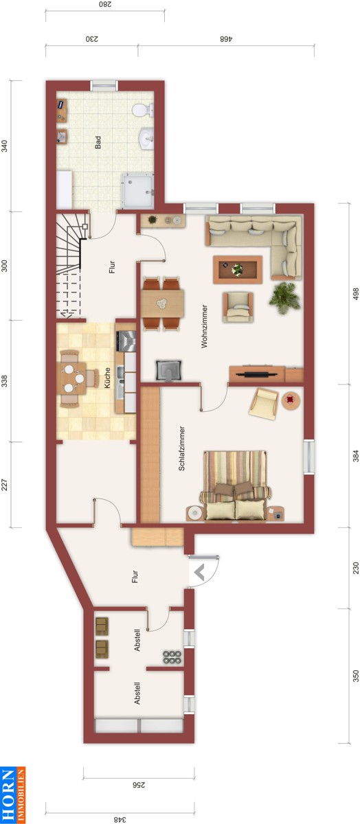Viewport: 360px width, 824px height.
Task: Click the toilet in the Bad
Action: tap(143, 110)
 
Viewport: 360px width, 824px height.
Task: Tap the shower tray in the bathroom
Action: tap(138, 192)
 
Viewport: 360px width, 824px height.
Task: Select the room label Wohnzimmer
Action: tap(204, 326)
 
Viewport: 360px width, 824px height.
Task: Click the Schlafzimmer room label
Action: tap(181, 448)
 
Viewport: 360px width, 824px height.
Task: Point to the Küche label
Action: tap(107, 378)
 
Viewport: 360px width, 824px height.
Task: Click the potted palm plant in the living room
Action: tap(284, 298)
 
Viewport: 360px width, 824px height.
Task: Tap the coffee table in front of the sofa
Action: tap(238, 270)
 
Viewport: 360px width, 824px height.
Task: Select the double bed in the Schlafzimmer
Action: tap(236, 485)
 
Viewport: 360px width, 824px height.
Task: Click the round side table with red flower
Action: tap(291, 400)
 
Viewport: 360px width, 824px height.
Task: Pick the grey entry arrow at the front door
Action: tap(199, 573)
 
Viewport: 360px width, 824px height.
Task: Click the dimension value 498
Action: tap(356, 294)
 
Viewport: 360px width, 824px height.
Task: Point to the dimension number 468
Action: tap(227, 38)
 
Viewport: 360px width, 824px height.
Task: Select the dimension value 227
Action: tap(4, 485)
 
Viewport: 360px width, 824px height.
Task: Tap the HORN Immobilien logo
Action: tap(13, 795)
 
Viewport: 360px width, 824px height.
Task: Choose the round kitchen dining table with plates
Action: tap(74, 378)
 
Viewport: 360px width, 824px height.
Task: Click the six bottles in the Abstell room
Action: tap(172, 657)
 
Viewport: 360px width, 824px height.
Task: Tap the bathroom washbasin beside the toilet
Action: tap(146, 139)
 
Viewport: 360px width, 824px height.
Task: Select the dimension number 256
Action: tap(138, 785)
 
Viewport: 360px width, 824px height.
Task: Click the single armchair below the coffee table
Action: tap(238, 307)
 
